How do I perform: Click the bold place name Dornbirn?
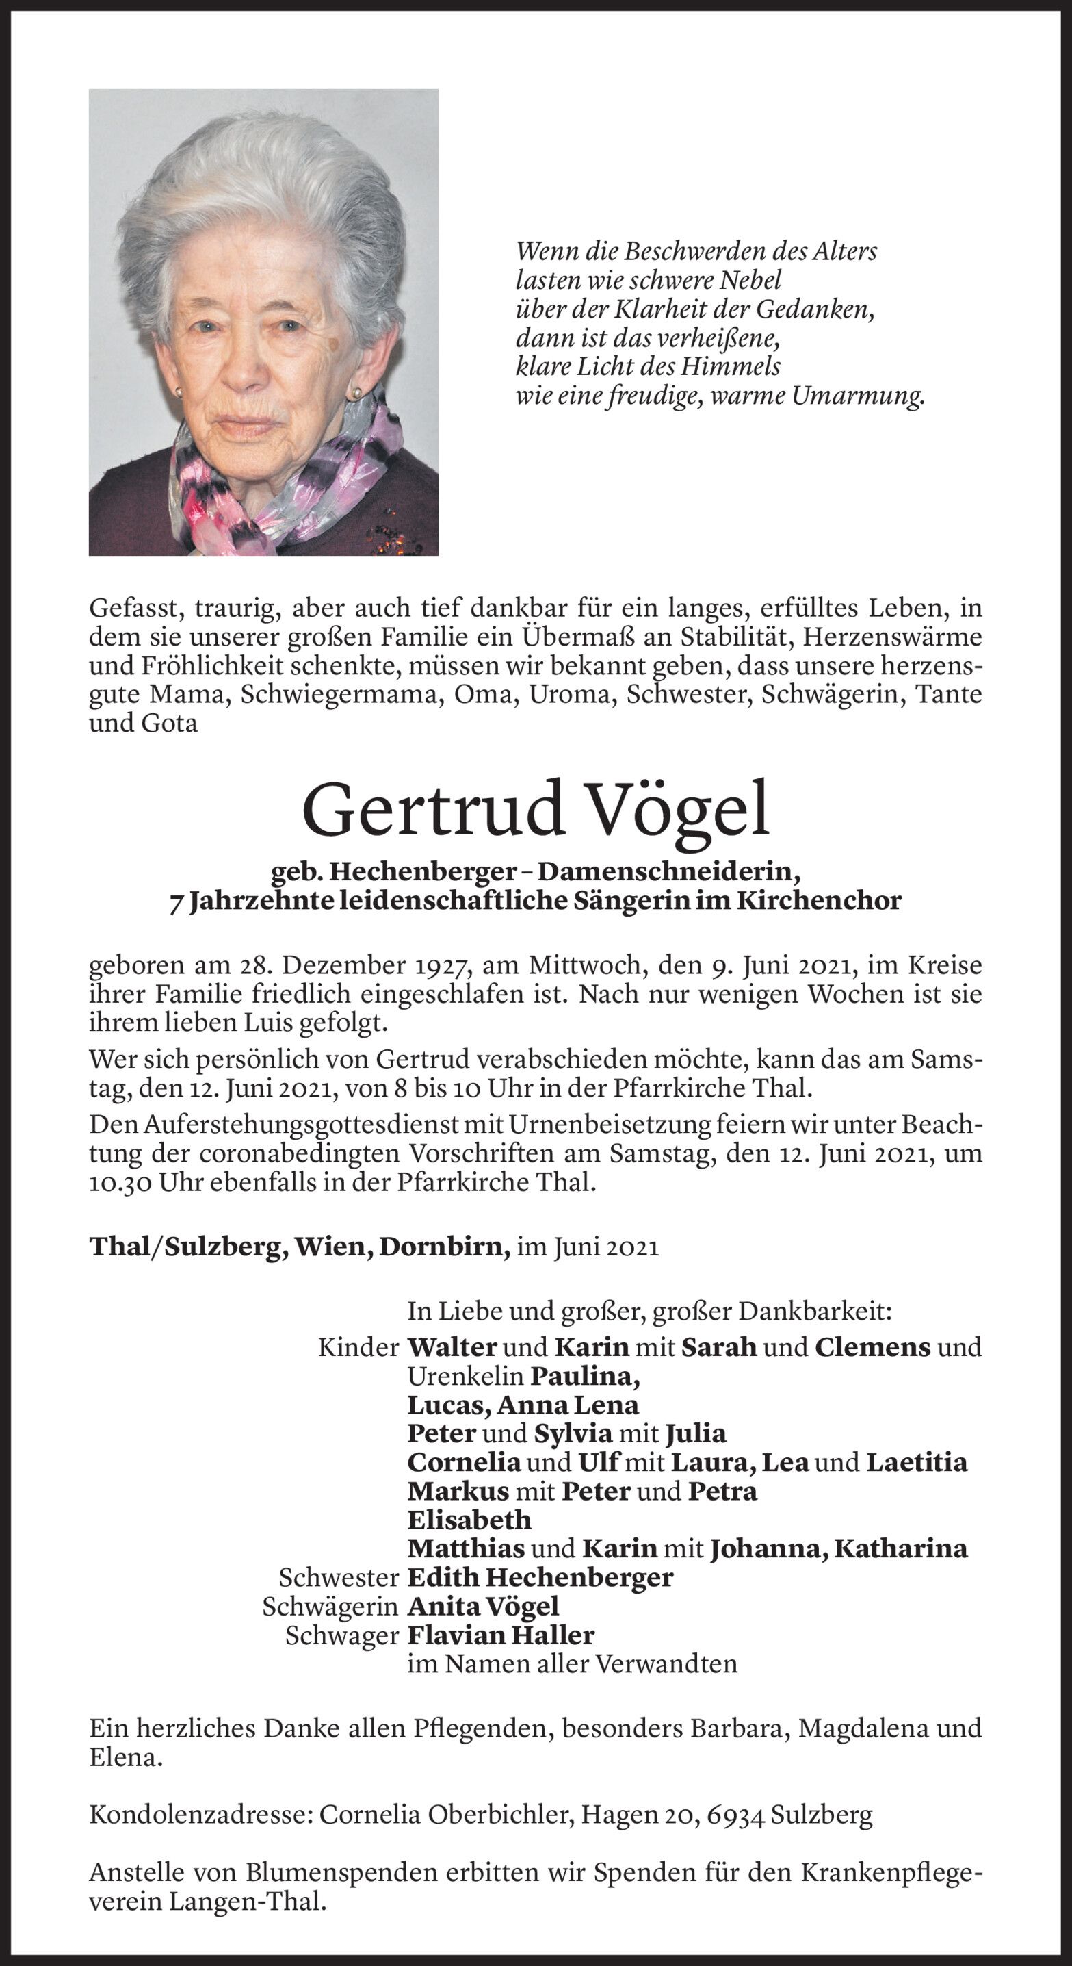click(x=445, y=1247)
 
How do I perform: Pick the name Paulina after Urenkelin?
click(x=585, y=1375)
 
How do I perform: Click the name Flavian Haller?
click(x=501, y=1635)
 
